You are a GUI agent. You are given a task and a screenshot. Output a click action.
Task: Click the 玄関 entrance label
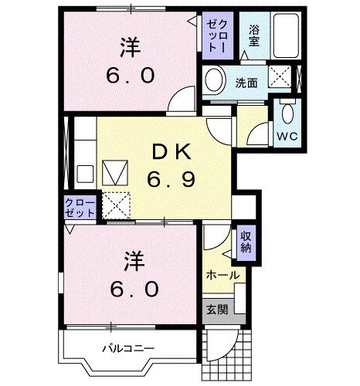pos(216,310)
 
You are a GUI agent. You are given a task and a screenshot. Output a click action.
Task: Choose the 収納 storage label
pos(246,242)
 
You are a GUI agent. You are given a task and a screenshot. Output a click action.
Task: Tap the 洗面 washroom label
pos(246,82)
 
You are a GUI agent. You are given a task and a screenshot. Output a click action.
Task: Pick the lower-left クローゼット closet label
pos(80,206)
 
